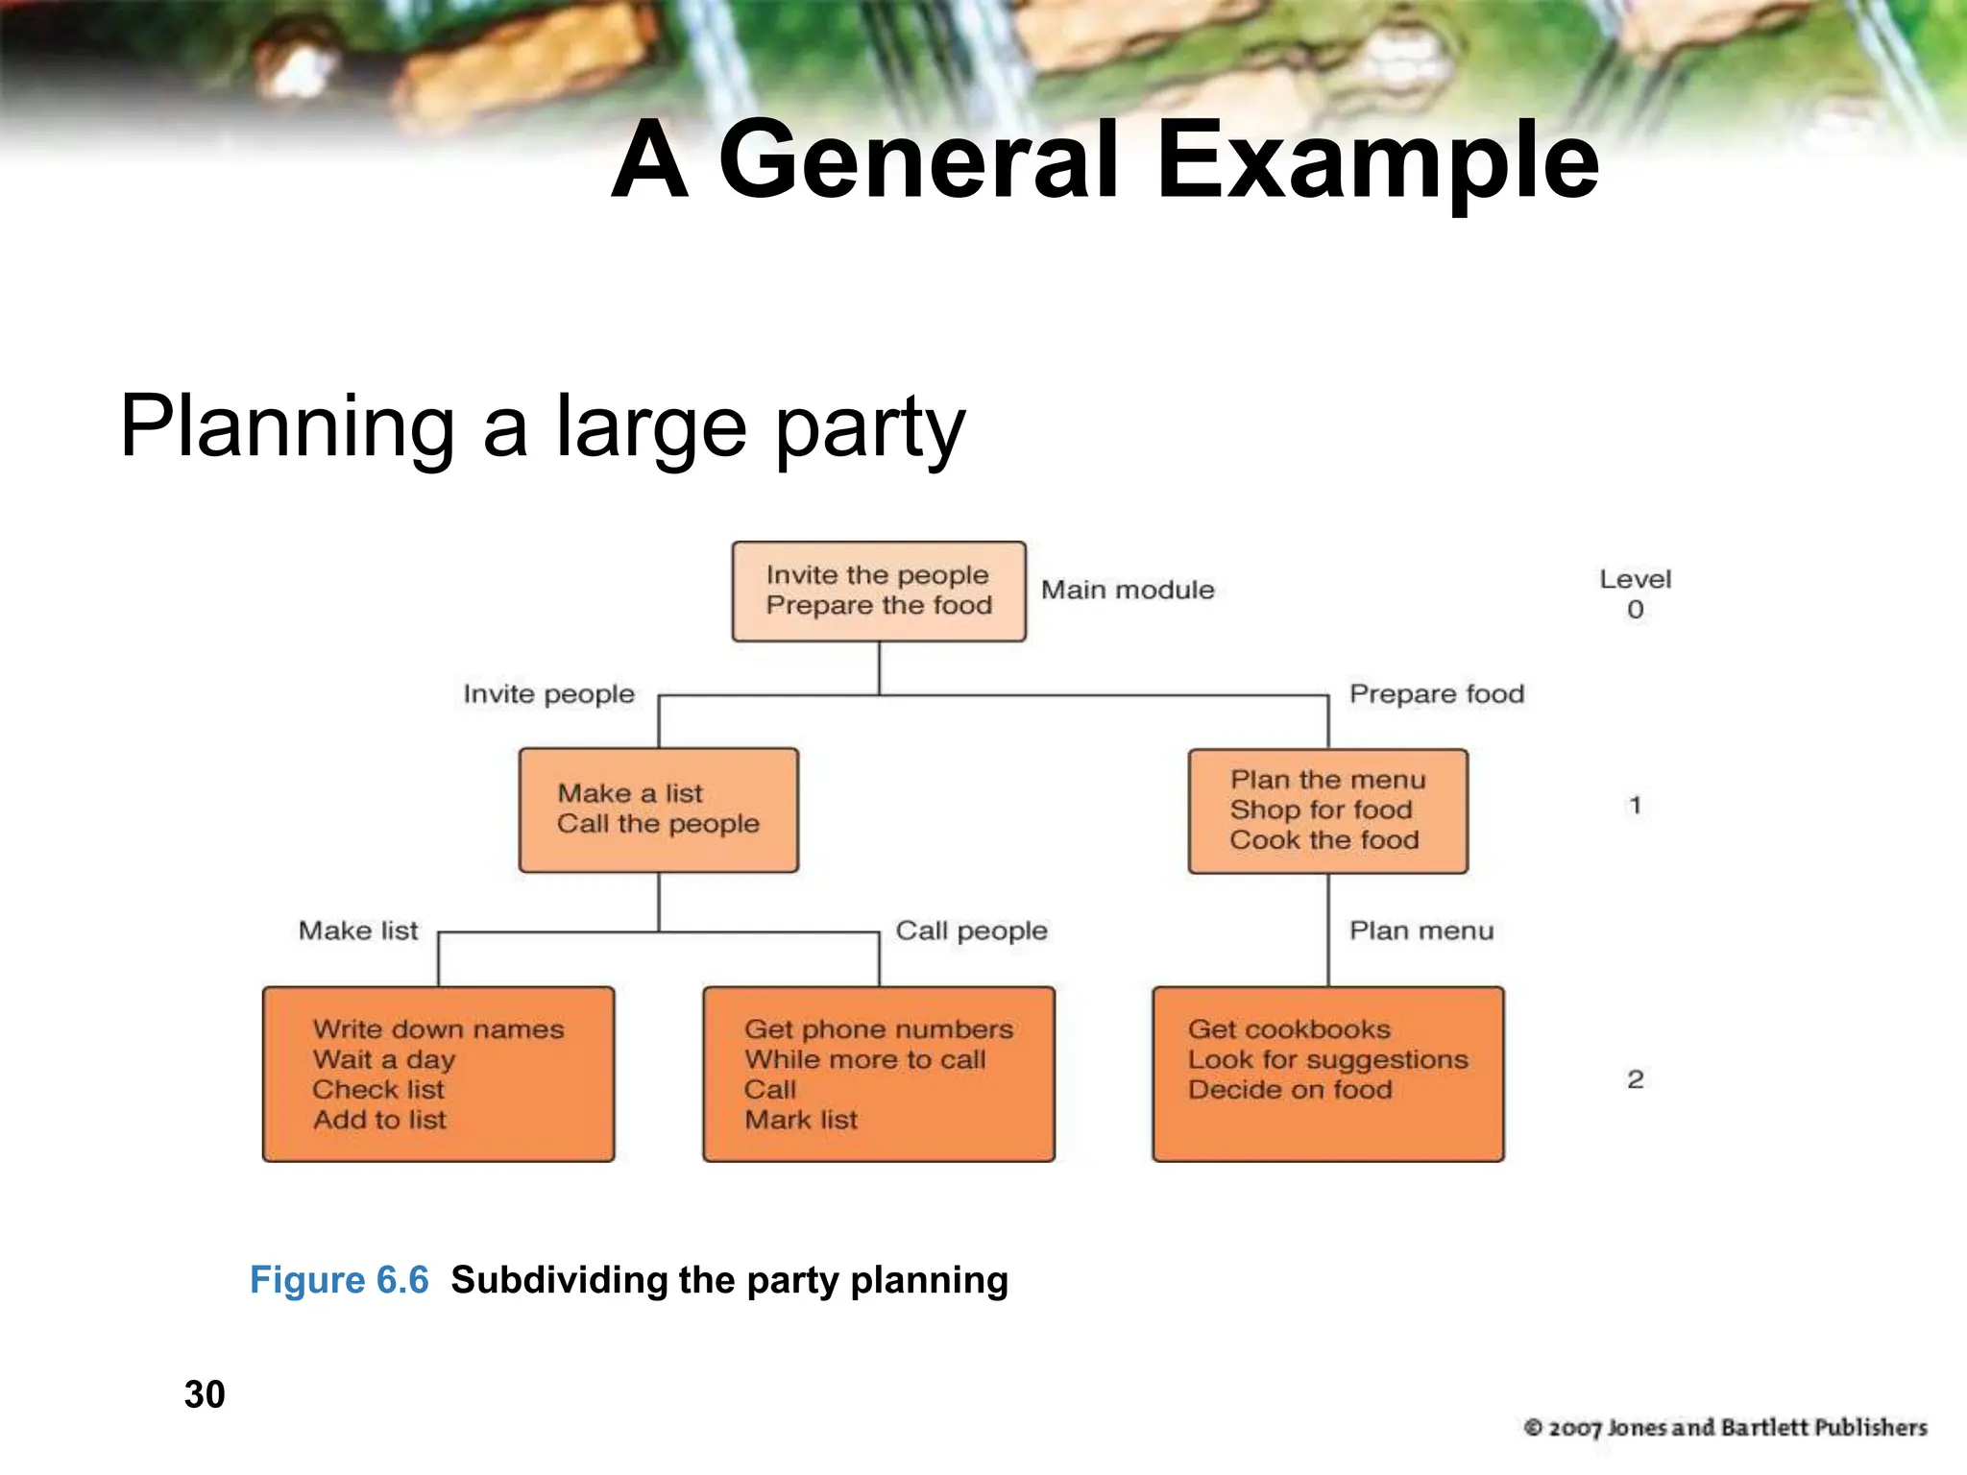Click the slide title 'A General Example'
[1105, 161]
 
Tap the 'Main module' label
[1128, 590]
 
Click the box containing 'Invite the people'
[878, 591]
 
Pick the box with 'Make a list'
[658, 810]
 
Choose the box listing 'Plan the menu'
[1327, 810]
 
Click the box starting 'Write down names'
[438, 1074]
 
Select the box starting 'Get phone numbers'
[878, 1074]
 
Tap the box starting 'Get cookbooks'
[1327, 1074]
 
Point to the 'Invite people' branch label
[548, 693]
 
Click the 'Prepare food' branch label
[1436, 693]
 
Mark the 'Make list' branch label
[358, 931]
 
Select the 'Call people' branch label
[971, 931]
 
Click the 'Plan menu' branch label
[1421, 931]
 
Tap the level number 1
[1635, 806]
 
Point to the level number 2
[1635, 1079]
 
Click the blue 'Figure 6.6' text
[339, 1280]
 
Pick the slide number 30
[205, 1394]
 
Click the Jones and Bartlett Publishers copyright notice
[1725, 1428]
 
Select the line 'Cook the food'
[1324, 840]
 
